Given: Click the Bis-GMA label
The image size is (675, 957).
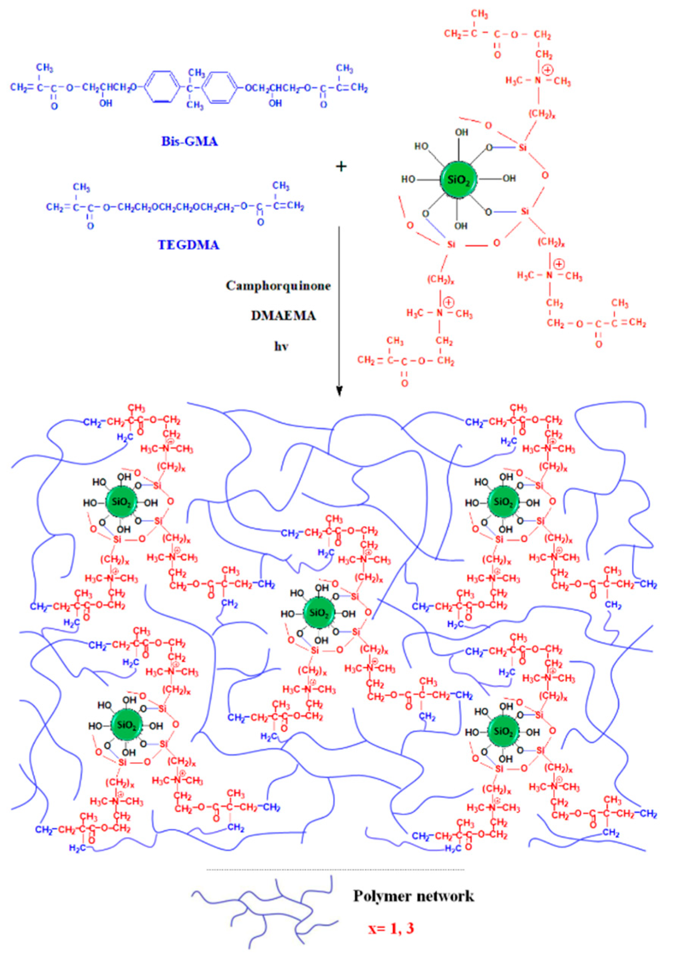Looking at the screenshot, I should tap(190, 142).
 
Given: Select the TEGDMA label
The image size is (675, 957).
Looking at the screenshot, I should tap(188, 245).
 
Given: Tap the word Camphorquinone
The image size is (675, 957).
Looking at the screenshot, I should tap(278, 286).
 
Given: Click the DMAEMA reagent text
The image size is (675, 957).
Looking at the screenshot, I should tap(283, 315).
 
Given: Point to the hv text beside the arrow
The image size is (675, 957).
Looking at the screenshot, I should tap(281, 346).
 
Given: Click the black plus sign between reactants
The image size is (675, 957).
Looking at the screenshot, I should tap(341, 167).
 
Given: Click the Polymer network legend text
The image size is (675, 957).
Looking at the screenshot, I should tap(413, 896).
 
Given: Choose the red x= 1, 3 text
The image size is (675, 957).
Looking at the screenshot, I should tap(391, 928).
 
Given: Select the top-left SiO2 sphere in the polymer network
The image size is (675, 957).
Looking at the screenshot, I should tap(121, 502).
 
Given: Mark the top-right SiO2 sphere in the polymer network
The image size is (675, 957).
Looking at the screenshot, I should tap(503, 502).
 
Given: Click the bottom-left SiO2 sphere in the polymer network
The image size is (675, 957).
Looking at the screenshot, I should tap(127, 725).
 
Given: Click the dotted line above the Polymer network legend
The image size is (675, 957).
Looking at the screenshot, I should tap(335, 870).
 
